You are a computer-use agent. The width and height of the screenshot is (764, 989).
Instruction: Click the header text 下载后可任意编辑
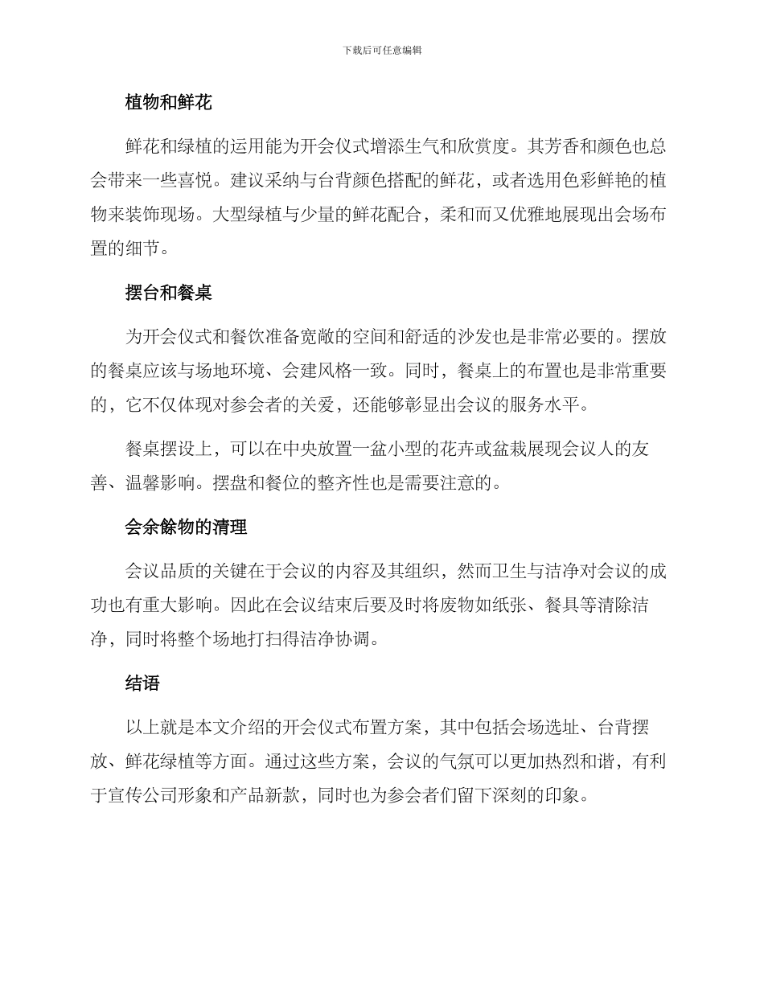point(382,50)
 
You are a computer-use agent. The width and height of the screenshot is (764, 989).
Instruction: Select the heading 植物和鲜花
point(169,102)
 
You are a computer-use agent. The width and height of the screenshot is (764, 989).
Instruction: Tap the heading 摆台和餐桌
point(169,292)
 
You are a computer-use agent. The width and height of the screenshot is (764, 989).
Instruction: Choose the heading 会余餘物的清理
point(187,527)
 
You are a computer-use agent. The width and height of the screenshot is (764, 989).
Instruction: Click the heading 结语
point(143,683)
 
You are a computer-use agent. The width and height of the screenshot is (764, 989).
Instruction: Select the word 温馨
point(143,483)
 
